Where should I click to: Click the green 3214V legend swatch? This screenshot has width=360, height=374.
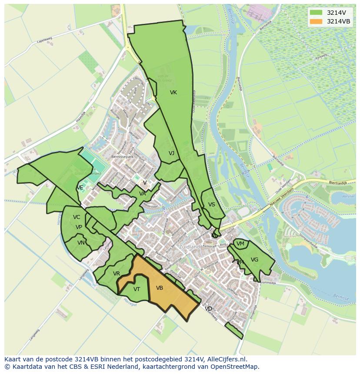coord(316,13)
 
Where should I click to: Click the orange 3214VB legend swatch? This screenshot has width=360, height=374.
coord(316,21)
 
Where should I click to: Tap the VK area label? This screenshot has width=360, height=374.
coord(173,93)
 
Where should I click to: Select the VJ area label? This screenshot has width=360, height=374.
coord(171,153)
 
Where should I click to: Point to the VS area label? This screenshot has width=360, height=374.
coord(212,205)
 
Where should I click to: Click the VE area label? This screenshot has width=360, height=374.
coord(80,188)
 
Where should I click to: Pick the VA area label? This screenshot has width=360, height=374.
coord(143,194)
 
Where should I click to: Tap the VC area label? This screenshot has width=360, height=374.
coord(77,217)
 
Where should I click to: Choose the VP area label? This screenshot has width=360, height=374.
coord(79,227)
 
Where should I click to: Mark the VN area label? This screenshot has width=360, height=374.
coord(81,243)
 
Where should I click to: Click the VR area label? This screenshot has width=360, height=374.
coord(117,274)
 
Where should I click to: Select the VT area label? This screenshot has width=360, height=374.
coord(137,289)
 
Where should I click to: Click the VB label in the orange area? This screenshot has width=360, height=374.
coord(160,288)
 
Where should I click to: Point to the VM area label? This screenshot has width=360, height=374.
coord(240,244)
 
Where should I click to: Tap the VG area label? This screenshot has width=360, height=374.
coord(254,260)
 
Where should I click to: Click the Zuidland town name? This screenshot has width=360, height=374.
coord(189,247)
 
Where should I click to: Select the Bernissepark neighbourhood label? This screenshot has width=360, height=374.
coord(122,157)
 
